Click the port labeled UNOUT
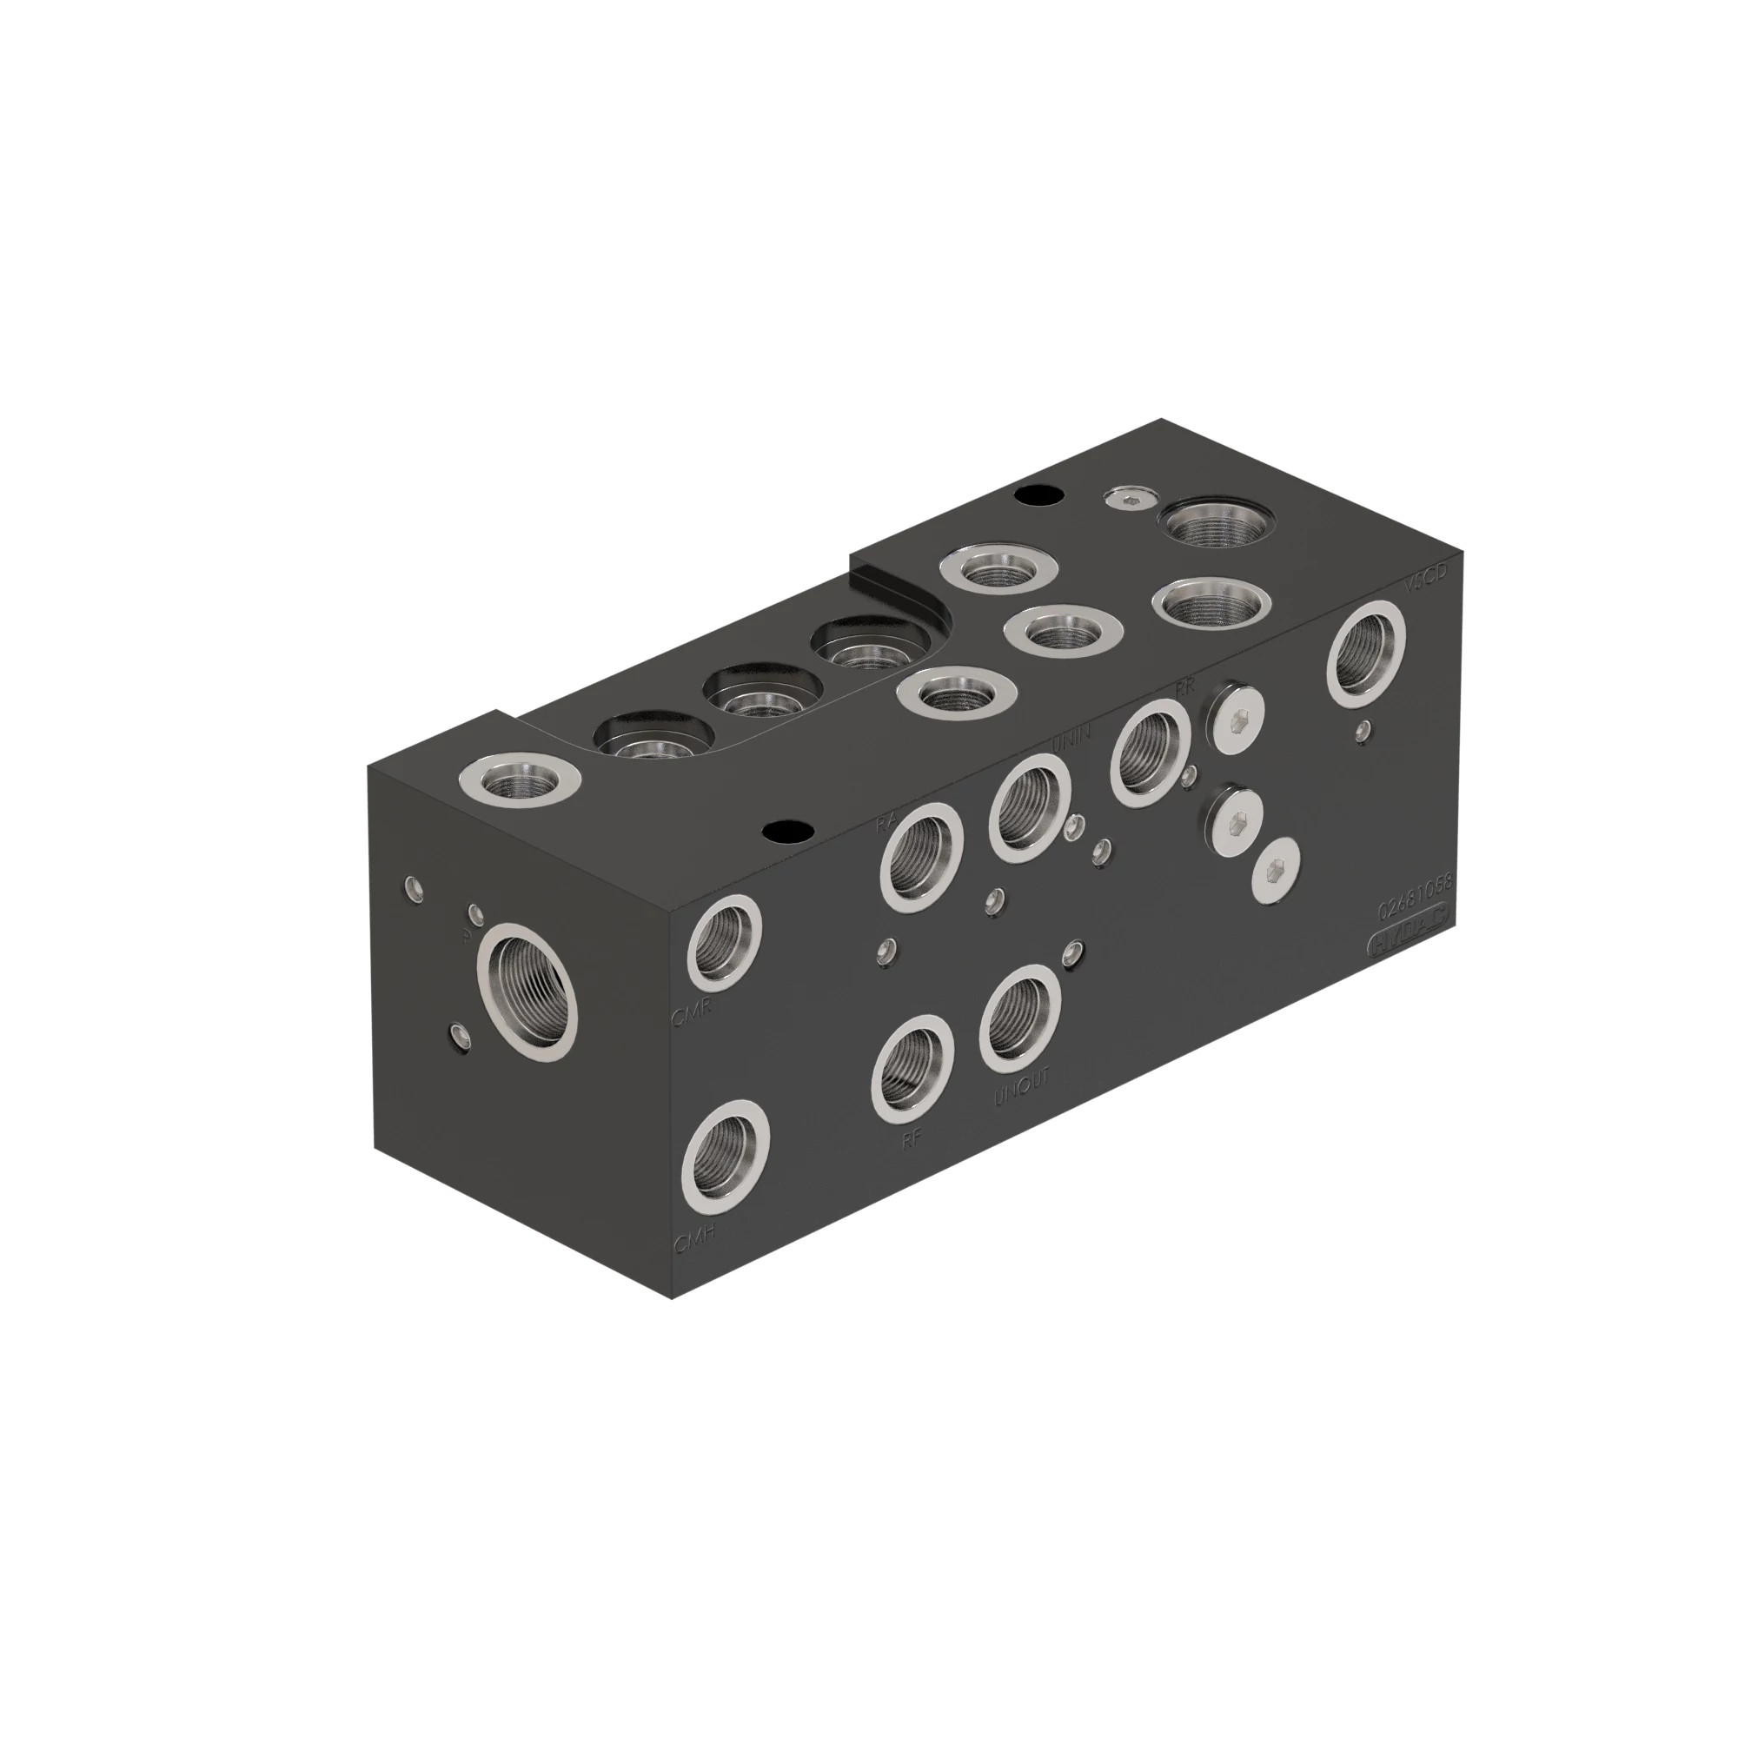1019,1019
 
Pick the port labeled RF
912,1068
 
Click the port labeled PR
1151,752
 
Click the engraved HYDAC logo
1409,942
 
